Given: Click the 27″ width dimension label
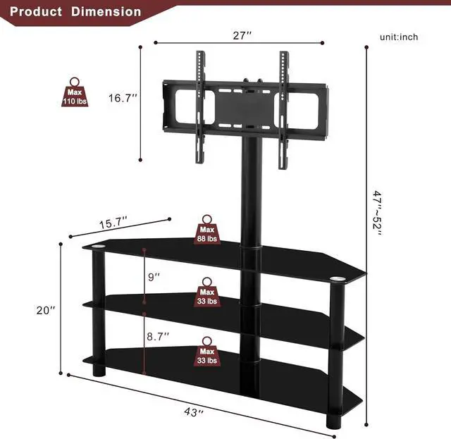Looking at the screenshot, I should (x=242, y=35).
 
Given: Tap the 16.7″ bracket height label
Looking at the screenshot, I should (x=122, y=98).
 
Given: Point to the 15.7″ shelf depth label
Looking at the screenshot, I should (x=113, y=223).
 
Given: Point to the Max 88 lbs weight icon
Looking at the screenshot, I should (x=206, y=230).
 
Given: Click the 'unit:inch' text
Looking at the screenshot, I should (x=400, y=37).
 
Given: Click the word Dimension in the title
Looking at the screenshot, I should (x=110, y=12).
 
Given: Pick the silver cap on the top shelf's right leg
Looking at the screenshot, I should (x=338, y=280).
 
